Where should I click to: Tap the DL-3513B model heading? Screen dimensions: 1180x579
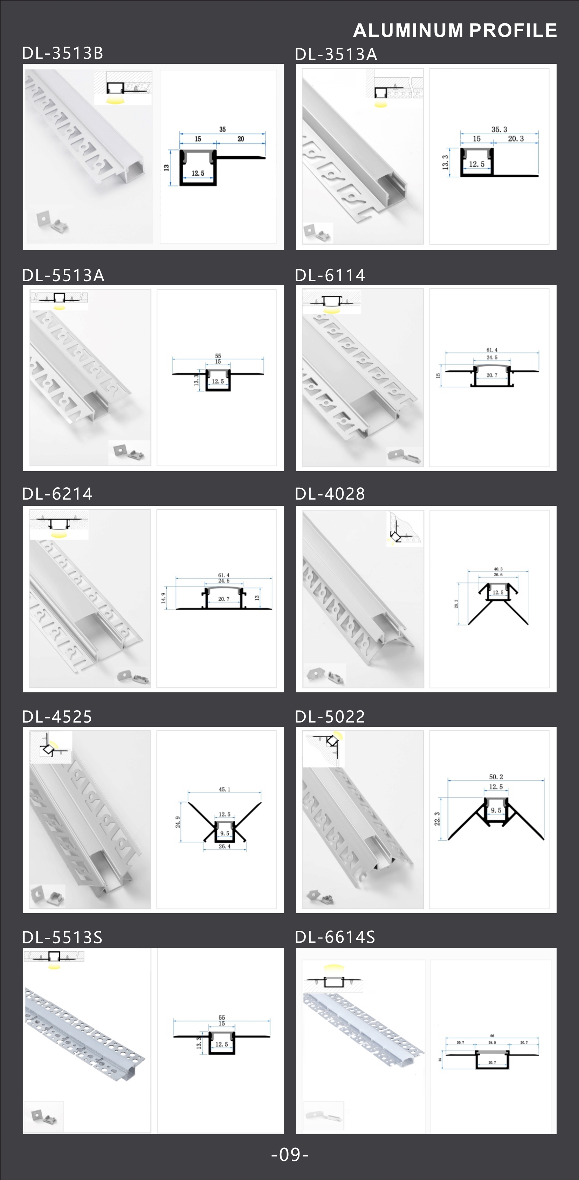63,54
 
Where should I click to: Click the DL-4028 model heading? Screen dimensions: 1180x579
330,494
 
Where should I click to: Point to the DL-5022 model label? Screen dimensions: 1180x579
330,717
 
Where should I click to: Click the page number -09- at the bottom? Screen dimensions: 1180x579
290,1155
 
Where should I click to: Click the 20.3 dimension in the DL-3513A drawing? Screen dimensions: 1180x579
516,139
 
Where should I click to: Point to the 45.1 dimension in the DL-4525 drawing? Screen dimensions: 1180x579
224,789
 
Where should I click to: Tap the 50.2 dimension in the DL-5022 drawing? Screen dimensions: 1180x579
496,777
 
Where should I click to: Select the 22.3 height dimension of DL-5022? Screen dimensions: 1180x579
437,819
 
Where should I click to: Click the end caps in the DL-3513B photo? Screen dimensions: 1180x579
52,222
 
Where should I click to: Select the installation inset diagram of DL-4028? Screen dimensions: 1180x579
405,529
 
